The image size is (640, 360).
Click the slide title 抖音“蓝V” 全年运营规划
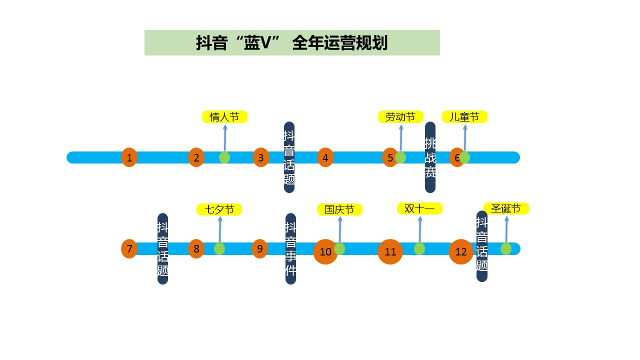tap(292, 43)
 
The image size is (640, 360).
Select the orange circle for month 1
tap(129, 157)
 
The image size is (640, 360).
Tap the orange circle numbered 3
tap(260, 157)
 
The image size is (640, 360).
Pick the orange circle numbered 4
tap(325, 157)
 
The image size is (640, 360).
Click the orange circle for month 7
tap(129, 248)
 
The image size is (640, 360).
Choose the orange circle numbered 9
tap(259, 248)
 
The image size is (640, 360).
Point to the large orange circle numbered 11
tap(390, 251)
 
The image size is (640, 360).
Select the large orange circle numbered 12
tap(460, 251)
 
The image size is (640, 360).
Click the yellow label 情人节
tap(224, 117)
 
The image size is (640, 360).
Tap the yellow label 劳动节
tap(400, 117)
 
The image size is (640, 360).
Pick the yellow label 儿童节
tap(464, 117)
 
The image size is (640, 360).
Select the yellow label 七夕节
tap(219, 209)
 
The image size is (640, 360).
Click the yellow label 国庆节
tap(339, 209)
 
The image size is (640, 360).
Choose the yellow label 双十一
tap(419, 208)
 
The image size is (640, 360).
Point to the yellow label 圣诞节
tap(506, 208)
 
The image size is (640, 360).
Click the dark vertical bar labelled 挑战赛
tap(430, 157)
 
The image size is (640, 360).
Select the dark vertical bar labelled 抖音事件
tap(290, 248)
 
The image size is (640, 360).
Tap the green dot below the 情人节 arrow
tap(224, 157)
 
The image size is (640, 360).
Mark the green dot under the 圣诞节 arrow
tap(506, 248)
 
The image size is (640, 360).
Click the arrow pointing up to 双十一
tap(420, 229)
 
